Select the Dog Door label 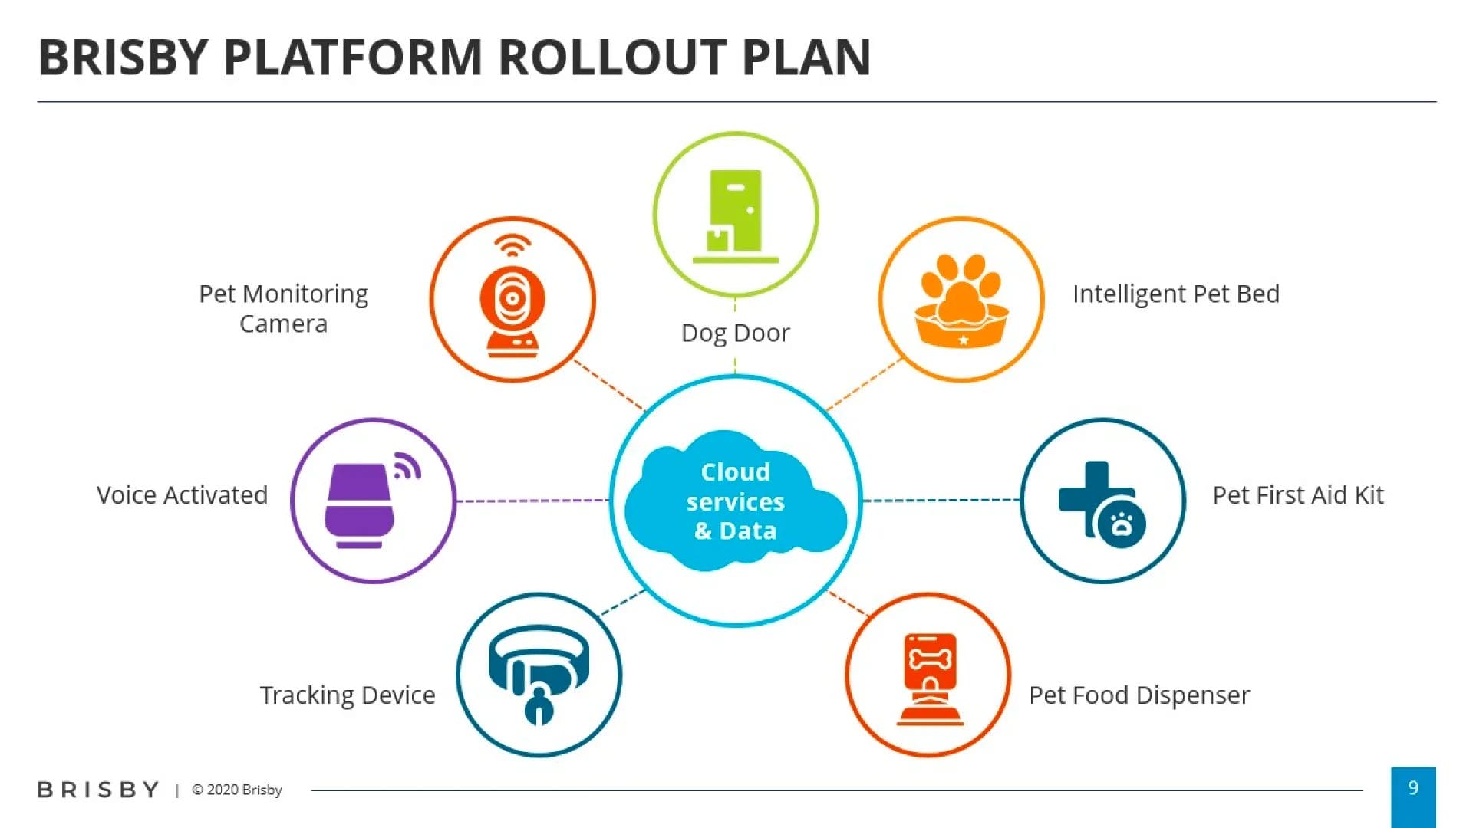[x=735, y=333]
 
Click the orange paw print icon [x=961, y=300]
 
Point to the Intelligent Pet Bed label [x=1176, y=294]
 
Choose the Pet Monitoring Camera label [x=283, y=308]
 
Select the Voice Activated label [x=182, y=495]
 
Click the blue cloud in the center [x=735, y=501]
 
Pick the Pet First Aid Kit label [x=1298, y=495]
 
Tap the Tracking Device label [x=348, y=695]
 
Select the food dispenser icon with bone [x=930, y=678]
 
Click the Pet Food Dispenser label [x=1139, y=695]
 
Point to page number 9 [x=1413, y=787]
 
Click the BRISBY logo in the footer [x=98, y=790]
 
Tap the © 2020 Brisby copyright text [x=237, y=790]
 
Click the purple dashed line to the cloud [x=532, y=501]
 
